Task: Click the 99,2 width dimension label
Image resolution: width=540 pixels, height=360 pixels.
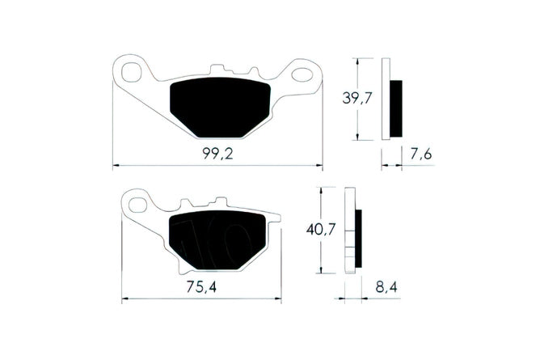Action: [x=217, y=154]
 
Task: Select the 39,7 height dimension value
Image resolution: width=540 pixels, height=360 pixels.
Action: [x=357, y=99]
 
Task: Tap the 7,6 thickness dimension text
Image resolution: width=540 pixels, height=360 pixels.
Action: [x=421, y=154]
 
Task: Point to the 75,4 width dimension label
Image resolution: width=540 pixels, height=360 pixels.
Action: [x=201, y=286]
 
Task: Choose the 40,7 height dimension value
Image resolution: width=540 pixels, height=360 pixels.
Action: [x=321, y=230]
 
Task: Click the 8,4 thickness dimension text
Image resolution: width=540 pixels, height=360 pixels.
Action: [x=386, y=286]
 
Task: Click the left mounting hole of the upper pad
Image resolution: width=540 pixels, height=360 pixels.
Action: [x=132, y=72]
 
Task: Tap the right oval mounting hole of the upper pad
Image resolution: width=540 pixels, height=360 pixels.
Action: [x=302, y=74]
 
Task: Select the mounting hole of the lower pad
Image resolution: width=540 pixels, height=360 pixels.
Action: [x=137, y=205]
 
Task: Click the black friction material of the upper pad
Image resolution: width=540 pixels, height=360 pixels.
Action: [x=220, y=108]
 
